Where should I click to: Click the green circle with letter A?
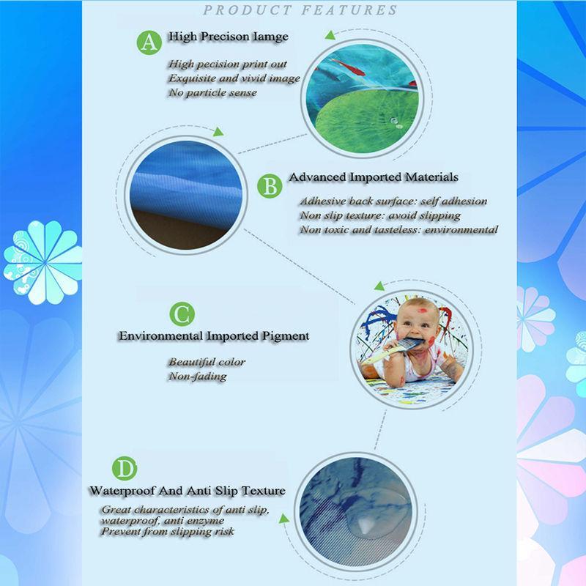click(149, 41)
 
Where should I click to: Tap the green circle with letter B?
click(270, 187)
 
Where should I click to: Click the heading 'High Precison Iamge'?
click(228, 36)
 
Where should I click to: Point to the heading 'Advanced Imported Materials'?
click(374, 177)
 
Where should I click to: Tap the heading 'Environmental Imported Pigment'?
click(214, 336)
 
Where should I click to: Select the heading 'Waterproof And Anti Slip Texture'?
click(187, 490)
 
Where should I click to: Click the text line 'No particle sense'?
click(212, 93)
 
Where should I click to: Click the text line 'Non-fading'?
click(197, 376)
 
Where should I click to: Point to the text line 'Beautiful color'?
click(207, 362)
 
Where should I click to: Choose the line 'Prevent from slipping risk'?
click(168, 531)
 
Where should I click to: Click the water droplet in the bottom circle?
click(364, 524)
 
